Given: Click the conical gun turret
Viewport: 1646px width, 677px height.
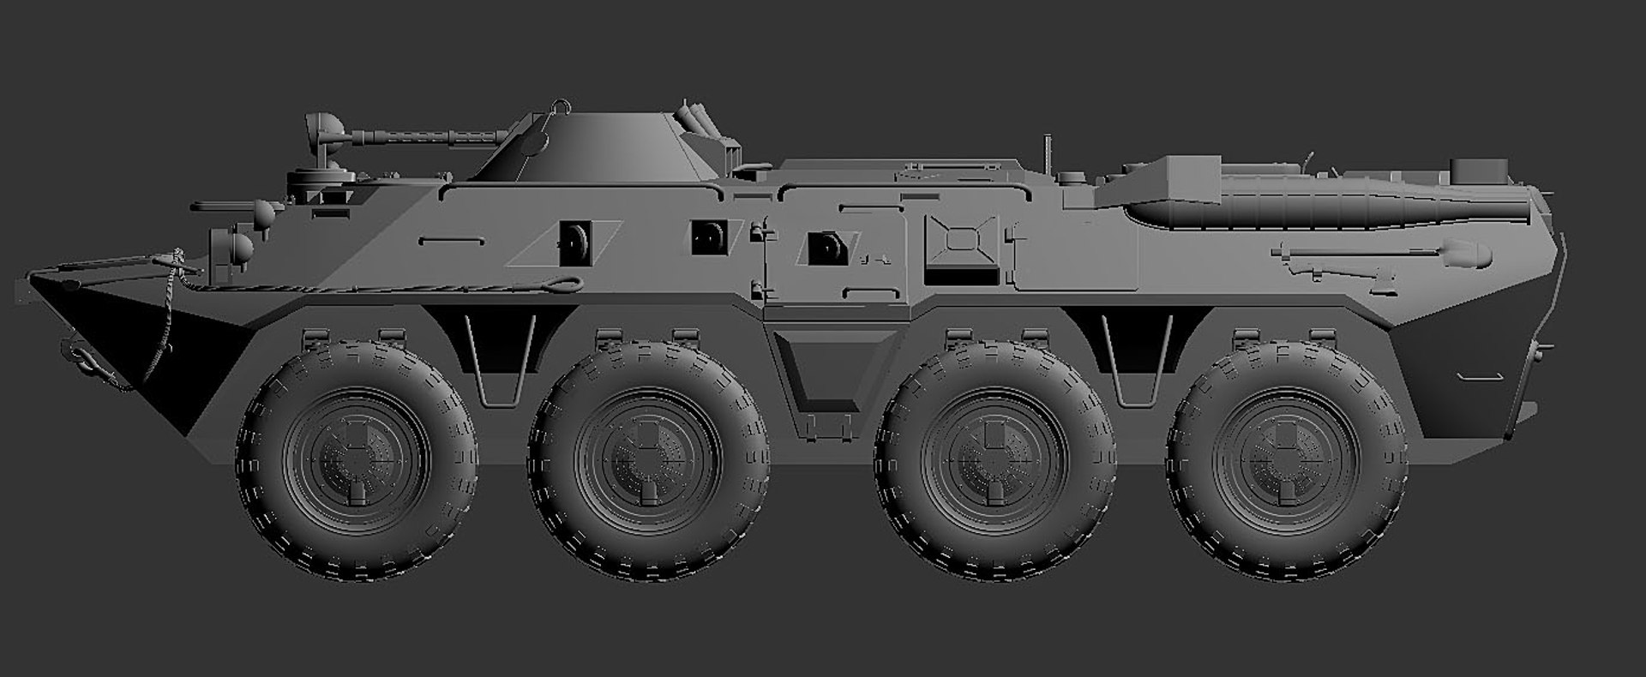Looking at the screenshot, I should pos(592,146).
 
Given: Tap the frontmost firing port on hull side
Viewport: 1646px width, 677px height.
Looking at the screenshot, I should pos(574,241).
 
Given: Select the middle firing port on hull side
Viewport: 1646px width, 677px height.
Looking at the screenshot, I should pos(709,237).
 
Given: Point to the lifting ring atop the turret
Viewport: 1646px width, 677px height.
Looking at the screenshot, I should pos(560,106).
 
